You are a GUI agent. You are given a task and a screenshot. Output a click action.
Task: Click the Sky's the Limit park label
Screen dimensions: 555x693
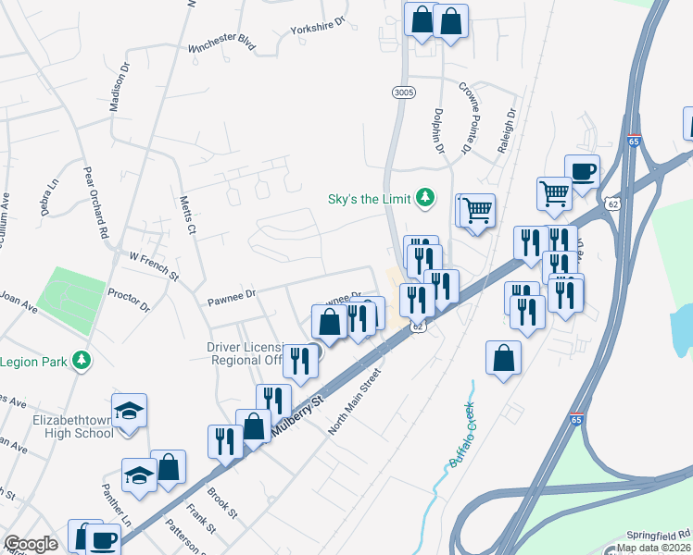click(371, 198)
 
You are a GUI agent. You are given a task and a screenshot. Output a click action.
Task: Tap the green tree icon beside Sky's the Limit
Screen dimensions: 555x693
click(425, 197)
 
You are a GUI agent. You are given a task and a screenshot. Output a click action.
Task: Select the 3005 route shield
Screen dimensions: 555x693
click(403, 92)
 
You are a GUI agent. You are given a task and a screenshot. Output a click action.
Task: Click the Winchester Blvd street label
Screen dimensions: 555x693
click(221, 44)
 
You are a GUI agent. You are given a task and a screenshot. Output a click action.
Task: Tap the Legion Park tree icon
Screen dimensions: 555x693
click(82, 361)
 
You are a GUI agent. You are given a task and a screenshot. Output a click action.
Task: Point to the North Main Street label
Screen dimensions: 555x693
click(355, 403)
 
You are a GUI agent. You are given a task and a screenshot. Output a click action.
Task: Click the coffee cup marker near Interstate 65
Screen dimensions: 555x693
click(582, 171)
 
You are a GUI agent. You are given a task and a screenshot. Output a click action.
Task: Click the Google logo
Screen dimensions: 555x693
click(31, 545)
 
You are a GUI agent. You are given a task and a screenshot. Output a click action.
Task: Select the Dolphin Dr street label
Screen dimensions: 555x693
click(437, 128)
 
